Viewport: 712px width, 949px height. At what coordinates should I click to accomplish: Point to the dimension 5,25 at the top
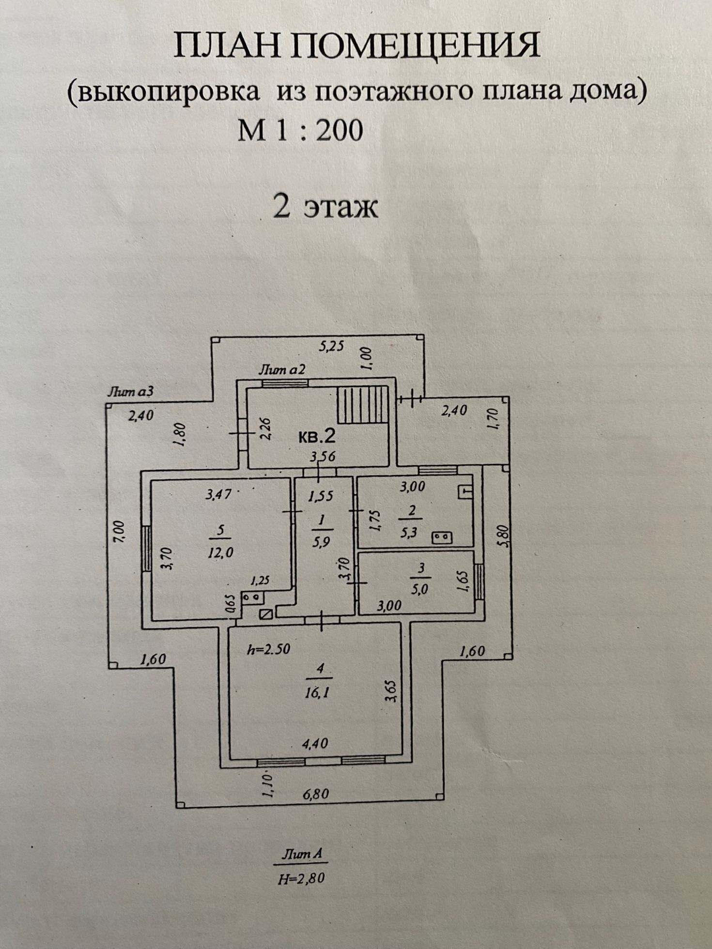click(331, 346)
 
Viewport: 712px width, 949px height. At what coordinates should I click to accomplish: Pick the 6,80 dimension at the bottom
click(316, 794)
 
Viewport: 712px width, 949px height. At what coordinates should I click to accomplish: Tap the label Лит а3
click(130, 391)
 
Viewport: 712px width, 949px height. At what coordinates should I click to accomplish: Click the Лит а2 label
click(282, 370)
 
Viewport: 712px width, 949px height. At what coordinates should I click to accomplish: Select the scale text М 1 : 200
click(300, 130)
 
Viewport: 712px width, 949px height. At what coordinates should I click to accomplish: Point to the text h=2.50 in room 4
click(268, 649)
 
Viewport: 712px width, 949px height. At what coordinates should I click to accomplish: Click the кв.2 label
click(316, 437)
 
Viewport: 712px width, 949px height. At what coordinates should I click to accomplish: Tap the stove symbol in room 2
click(441, 536)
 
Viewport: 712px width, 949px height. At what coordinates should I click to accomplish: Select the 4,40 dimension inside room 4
click(315, 743)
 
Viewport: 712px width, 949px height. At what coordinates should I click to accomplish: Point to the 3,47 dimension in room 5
click(219, 494)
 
